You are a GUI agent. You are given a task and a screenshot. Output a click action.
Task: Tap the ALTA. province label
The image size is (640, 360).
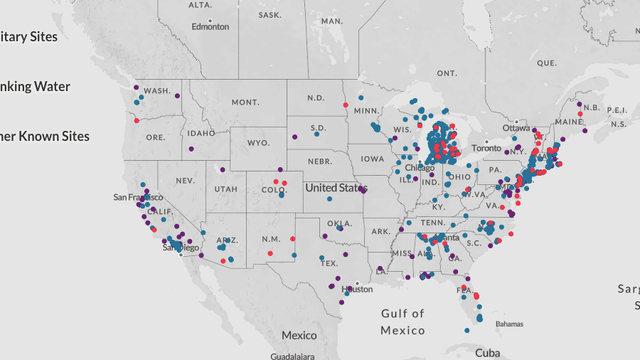(x=200, y=5)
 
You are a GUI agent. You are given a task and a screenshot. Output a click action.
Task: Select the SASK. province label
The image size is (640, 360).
(x=269, y=15)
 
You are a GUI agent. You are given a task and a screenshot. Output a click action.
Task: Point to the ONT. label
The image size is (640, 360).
(x=446, y=73)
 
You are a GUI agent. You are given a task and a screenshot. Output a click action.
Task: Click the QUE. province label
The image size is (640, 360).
(x=546, y=62)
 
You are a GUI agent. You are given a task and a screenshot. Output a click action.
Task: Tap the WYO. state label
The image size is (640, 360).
(x=258, y=143)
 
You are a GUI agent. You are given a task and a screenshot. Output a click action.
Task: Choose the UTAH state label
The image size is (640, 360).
(x=225, y=189)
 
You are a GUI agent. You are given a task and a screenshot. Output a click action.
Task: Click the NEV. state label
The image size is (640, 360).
(x=184, y=180)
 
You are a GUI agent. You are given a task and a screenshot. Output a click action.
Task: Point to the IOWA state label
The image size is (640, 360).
(x=372, y=158)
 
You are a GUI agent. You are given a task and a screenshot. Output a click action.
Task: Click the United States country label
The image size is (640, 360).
(x=336, y=187)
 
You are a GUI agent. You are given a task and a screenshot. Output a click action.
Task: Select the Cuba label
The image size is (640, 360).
(x=487, y=352)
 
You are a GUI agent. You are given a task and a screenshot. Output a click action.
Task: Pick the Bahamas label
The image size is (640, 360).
(x=509, y=324)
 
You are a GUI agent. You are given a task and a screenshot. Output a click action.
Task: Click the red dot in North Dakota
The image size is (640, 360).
(x=345, y=104)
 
